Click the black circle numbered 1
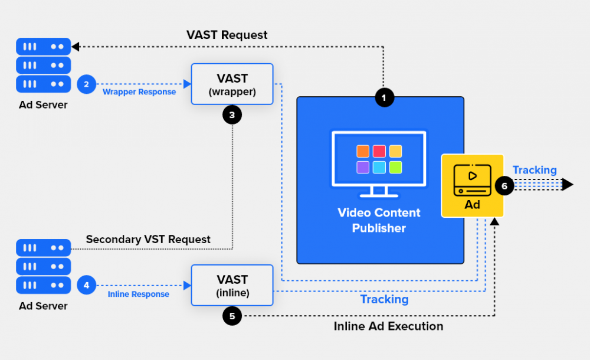click(x=384, y=97)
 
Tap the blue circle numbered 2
click(x=86, y=84)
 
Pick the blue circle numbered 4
click(x=86, y=286)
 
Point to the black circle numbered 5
click(x=232, y=316)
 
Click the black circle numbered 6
click(x=504, y=185)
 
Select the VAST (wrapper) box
click(x=232, y=84)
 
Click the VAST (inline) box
click(x=232, y=284)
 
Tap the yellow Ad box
click(x=472, y=185)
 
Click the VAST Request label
click(x=227, y=35)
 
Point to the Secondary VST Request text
click(x=148, y=239)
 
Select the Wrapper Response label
click(x=139, y=92)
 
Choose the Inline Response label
click(x=139, y=294)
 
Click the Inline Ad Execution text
click(x=388, y=326)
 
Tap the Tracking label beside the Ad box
click(x=535, y=170)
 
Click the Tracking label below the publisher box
click(x=384, y=299)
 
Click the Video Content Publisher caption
click(x=379, y=220)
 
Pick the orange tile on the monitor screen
click(x=363, y=151)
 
